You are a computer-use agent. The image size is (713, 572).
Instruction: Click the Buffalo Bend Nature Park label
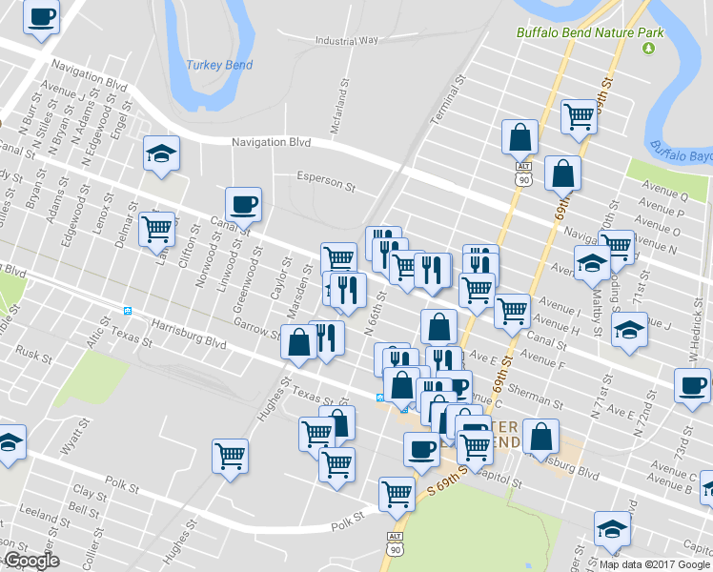point(589,32)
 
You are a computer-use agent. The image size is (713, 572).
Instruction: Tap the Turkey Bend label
point(218,66)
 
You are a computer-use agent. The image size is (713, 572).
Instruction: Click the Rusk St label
point(32,354)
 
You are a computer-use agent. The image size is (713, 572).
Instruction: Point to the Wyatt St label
point(70,441)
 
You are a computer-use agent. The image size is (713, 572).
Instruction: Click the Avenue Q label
point(664,196)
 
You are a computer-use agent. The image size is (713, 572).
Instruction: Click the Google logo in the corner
point(31,561)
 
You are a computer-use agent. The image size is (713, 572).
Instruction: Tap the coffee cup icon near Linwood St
point(243,203)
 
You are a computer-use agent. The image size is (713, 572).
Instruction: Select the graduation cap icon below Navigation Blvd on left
point(162,153)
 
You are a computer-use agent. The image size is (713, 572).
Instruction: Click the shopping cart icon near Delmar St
point(156,229)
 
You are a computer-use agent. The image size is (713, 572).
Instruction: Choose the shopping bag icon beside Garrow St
point(298,342)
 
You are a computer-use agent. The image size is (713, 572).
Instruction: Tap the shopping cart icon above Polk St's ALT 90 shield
point(397,493)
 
